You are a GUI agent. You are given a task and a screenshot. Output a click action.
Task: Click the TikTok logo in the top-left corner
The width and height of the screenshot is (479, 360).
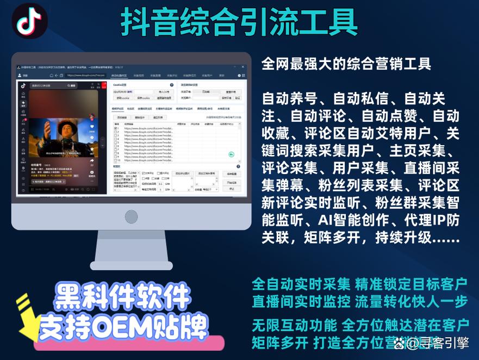[29, 21]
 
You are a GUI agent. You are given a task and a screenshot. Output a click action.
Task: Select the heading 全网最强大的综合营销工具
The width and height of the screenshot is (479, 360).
[346, 64]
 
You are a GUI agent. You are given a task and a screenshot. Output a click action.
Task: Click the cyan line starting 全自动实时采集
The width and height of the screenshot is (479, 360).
[359, 284]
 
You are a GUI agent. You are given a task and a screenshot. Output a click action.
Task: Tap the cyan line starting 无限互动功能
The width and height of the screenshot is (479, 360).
[359, 326]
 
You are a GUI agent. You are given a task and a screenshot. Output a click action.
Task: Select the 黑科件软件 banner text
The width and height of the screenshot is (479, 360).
[123, 297]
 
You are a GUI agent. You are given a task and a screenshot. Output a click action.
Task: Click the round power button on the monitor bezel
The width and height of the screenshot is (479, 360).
[131, 216]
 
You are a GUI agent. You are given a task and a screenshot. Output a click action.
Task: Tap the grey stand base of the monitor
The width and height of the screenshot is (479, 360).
[130, 264]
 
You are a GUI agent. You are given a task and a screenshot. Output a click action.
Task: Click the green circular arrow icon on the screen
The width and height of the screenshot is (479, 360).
[231, 154]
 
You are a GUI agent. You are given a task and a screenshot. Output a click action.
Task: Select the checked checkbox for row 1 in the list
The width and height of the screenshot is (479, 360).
[116, 128]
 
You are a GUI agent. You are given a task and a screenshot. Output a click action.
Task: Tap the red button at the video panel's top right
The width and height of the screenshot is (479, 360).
[103, 85]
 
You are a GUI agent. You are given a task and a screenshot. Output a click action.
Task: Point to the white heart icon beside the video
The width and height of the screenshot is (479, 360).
[92, 125]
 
